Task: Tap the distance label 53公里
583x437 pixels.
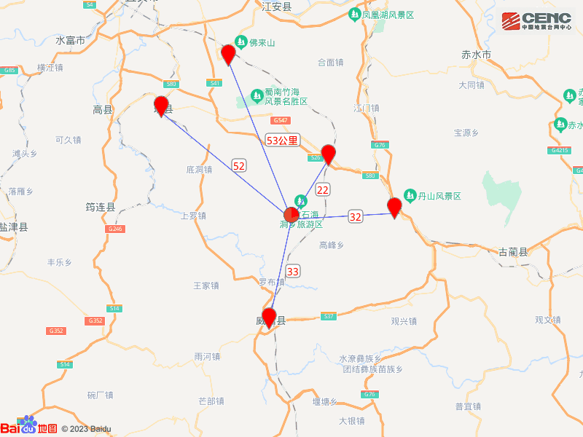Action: click(282, 140)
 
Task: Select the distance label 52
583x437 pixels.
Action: click(238, 166)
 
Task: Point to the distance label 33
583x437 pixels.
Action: click(292, 272)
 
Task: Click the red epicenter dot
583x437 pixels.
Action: click(290, 214)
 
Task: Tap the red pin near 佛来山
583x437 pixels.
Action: click(228, 54)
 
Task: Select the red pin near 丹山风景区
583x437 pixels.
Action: click(394, 207)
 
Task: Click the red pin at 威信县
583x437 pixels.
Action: click(269, 318)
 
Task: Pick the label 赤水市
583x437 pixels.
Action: click(477, 55)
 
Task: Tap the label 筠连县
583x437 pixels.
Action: click(101, 207)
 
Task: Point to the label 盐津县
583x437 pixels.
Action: click(13, 227)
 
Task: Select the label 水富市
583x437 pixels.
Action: click(70, 41)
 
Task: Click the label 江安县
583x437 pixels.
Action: click(276, 6)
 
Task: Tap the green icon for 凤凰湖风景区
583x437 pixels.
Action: click(353, 15)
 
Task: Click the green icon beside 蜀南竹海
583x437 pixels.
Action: click(257, 95)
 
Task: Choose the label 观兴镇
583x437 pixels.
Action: click(403, 321)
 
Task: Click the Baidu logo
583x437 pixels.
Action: click(28, 427)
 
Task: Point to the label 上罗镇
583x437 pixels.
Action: click(193, 216)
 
